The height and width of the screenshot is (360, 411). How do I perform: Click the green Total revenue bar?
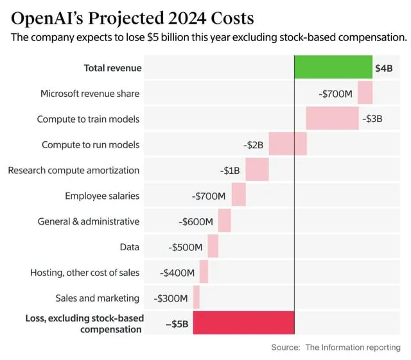(x=333, y=67)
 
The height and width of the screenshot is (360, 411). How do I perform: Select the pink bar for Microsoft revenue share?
(x=365, y=93)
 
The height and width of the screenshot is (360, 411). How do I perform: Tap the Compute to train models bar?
(x=332, y=119)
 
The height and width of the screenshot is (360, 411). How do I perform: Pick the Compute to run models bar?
(x=288, y=144)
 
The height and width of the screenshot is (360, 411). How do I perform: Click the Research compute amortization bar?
(x=257, y=170)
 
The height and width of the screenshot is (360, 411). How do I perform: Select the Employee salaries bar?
(x=239, y=195)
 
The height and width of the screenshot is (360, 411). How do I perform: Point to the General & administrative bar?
(x=225, y=221)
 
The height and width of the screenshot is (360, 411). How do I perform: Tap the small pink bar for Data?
(x=213, y=246)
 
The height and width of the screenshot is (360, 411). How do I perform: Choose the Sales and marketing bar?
(x=197, y=298)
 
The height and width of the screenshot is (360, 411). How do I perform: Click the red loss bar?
(x=243, y=323)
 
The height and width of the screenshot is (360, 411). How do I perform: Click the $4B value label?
(x=383, y=68)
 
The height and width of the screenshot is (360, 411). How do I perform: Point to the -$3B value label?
(x=372, y=119)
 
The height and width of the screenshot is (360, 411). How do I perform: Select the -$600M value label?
(x=196, y=221)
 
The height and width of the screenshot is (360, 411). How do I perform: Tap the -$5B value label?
(x=177, y=323)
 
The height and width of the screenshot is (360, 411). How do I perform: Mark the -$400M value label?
(x=177, y=273)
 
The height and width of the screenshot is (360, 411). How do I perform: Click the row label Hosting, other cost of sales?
(x=85, y=273)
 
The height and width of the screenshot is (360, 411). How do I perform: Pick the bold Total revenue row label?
(x=113, y=68)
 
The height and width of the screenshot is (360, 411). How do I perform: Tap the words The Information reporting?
(x=353, y=347)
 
